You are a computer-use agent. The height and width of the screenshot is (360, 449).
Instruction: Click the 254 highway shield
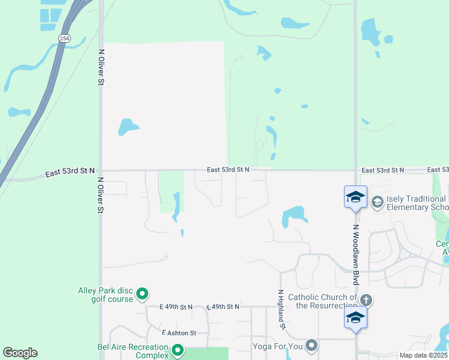64,38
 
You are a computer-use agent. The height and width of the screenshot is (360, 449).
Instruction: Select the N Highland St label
280,310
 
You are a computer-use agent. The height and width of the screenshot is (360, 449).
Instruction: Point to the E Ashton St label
179,332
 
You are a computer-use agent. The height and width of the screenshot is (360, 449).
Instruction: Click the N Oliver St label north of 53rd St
101,67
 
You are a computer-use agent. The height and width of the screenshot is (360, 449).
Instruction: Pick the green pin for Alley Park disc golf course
142,294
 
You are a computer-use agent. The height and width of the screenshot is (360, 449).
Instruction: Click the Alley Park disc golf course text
106,295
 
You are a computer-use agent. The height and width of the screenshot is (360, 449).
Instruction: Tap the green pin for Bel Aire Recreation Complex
177,350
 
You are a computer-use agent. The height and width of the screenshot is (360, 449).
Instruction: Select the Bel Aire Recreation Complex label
133,351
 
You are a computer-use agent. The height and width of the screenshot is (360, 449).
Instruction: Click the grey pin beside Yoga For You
312,345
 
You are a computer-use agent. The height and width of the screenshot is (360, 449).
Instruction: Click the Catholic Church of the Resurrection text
322,301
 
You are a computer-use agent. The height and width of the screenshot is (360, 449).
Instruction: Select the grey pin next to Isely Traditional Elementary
378,201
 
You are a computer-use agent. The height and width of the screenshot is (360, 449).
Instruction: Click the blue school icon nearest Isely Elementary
355,197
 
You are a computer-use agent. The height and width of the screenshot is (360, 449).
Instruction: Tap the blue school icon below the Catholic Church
355,318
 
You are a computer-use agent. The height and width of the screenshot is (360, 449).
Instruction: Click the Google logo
20,353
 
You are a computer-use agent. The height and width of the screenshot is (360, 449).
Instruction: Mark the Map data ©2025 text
423,355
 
